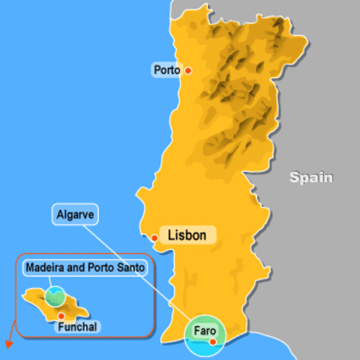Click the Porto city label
[x=166, y=70]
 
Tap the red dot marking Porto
[x=188, y=70]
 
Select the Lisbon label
[x=187, y=235]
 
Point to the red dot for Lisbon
[x=154, y=238]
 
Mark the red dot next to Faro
[x=213, y=342]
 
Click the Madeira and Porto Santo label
[x=84, y=266]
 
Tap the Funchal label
[x=78, y=326]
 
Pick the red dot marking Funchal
[x=60, y=316]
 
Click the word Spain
[x=311, y=178]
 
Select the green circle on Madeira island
[x=55, y=295]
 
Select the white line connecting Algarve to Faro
[x=135, y=262]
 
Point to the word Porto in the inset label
[x=99, y=266]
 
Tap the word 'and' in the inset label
[x=73, y=266]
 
